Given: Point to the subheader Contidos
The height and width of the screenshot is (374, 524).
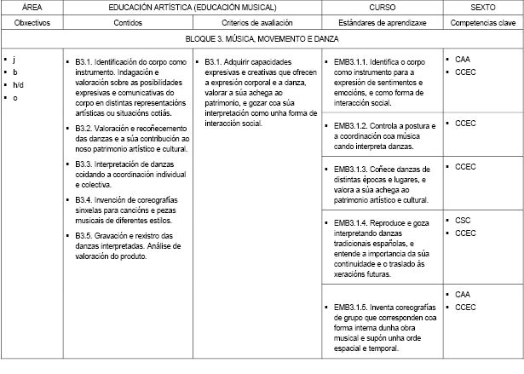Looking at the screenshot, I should point(127,21).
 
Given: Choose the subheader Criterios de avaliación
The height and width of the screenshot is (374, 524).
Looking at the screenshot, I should point(257,21).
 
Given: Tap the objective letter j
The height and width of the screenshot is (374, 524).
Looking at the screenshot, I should point(14,59).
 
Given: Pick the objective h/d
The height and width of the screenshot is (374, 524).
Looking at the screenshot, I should point(18,84).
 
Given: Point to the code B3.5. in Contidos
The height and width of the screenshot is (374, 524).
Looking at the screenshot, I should point(83,236).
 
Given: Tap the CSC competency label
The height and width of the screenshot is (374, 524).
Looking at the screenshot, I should point(464,220).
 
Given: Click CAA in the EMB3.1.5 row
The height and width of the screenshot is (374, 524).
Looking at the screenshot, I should point(464,295).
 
